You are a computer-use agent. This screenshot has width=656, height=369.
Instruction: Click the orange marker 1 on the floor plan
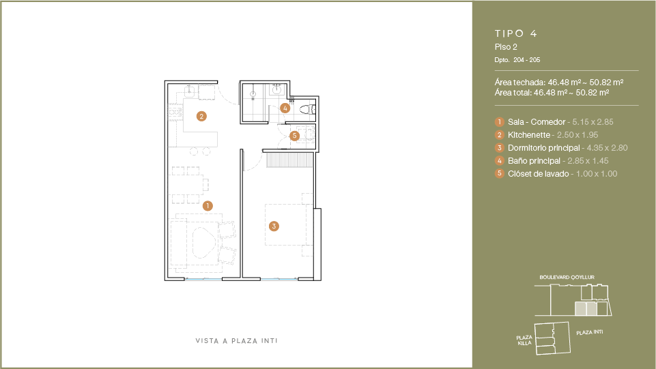[208, 205]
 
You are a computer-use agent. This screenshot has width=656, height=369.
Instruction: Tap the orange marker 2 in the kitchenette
[201, 116]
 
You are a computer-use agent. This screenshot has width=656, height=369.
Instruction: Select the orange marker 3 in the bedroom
[274, 226]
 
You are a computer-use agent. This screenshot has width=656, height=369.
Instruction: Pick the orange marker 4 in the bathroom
[285, 108]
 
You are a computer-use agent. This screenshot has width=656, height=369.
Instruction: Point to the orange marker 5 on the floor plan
[294, 136]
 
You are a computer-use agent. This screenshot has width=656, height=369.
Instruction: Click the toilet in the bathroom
[307, 110]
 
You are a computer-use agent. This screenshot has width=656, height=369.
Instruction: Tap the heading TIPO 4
[516, 33]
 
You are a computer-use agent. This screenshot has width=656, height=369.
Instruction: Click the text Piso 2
[506, 47]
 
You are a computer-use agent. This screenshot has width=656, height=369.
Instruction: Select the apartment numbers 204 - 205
[527, 60]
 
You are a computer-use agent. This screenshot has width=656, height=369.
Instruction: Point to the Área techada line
[559, 83]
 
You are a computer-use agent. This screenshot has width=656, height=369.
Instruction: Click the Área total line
[552, 92]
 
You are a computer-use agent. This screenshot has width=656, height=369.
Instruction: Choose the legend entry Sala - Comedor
[537, 122]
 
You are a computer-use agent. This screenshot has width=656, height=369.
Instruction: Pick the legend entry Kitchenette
[529, 135]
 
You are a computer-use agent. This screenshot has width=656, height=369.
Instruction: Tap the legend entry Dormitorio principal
[544, 148]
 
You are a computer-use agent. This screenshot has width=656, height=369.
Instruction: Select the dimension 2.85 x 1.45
[588, 161]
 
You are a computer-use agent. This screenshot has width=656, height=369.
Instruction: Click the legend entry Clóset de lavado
[539, 174]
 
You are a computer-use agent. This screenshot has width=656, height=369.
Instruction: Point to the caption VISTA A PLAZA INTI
[236, 341]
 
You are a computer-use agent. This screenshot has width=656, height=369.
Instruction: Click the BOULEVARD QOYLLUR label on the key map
[567, 277]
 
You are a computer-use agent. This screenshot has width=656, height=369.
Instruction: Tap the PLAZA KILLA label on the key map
[524, 340]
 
